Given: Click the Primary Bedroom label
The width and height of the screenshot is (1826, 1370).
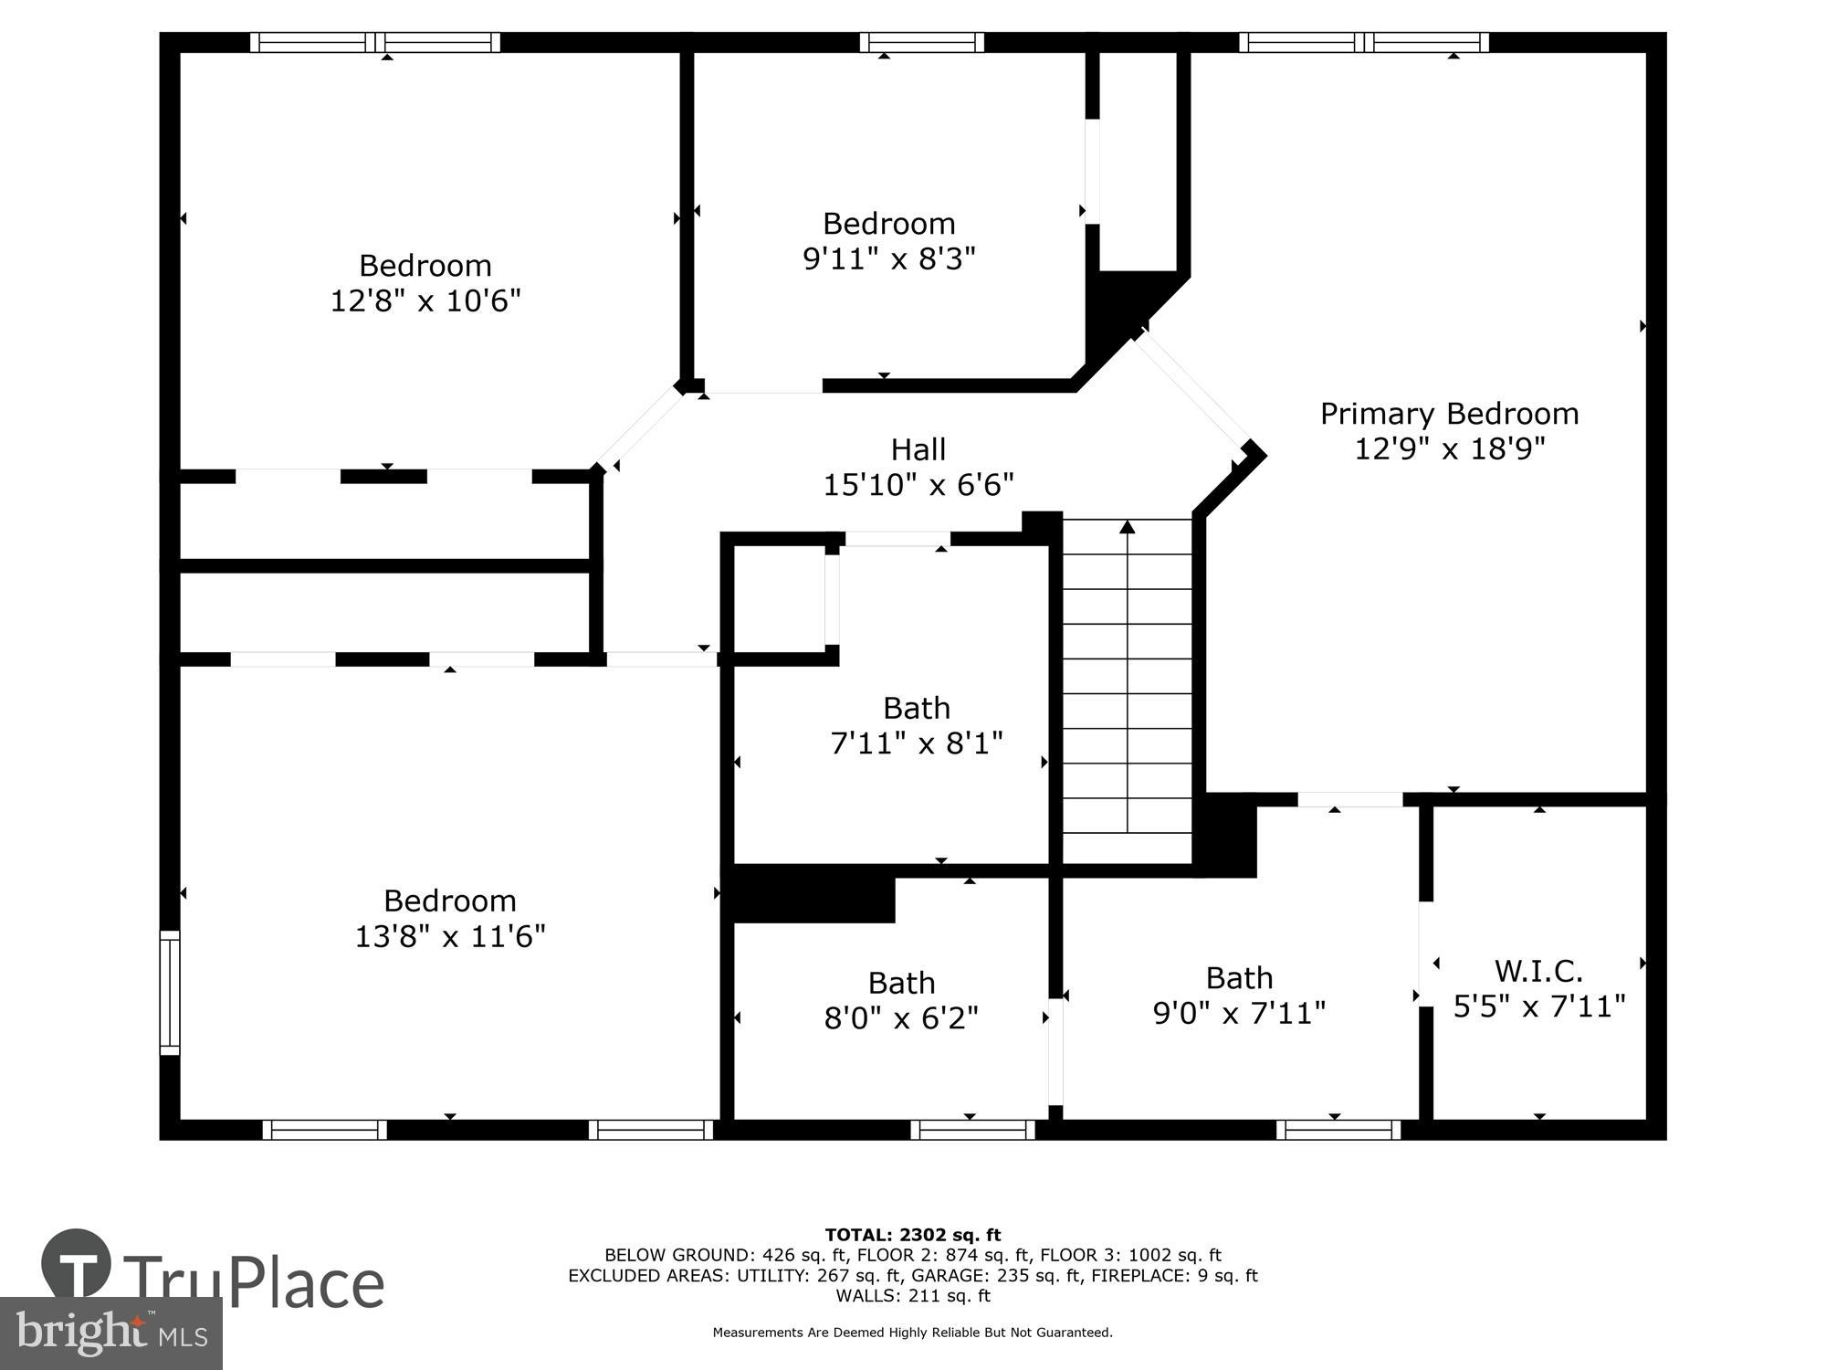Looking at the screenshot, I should click(x=1449, y=414).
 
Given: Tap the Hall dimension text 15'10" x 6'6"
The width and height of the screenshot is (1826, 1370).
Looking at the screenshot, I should click(x=918, y=485).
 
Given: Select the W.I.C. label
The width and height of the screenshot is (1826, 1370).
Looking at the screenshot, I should click(x=1538, y=970).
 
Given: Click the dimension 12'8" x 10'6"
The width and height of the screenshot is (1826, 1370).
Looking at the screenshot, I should click(x=425, y=300).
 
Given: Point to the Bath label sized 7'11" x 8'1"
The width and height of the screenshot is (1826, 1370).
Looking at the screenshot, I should click(x=917, y=709).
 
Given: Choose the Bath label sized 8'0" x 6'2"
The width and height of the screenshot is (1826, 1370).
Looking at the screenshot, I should click(x=901, y=983).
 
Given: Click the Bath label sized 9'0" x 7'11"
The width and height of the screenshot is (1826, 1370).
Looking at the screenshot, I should click(x=1239, y=978).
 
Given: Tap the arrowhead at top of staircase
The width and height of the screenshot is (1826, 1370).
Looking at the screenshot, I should click(x=1128, y=527).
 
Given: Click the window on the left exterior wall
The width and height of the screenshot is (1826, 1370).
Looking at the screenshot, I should click(x=170, y=993).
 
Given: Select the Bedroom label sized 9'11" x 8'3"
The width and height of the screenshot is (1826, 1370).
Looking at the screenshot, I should click(x=888, y=224).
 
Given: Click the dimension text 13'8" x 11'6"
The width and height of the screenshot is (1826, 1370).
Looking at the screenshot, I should click(x=449, y=936).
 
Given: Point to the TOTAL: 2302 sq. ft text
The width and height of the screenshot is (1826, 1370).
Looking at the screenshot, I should click(x=913, y=1236).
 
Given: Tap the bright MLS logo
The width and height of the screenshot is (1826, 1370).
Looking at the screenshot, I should click(x=110, y=1333).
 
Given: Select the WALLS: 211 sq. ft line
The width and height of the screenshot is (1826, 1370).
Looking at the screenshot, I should click(x=913, y=1296).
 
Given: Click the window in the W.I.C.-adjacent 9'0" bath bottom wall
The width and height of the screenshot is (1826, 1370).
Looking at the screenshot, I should click(x=1338, y=1130).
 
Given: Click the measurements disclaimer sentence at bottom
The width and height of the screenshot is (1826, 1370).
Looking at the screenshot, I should click(x=913, y=1333).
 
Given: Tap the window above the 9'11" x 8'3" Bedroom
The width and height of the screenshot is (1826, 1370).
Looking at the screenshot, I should click(x=922, y=42).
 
